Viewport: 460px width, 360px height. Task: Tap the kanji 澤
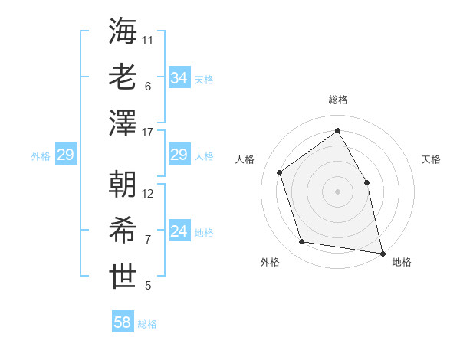point(123,123)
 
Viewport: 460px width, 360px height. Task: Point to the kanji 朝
point(123,184)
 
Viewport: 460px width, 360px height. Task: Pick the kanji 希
point(123,231)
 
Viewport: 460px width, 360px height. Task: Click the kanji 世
point(123,277)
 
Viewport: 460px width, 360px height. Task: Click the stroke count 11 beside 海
point(148,40)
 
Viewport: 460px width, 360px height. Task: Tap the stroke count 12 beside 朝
point(149,194)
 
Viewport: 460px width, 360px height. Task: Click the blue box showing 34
point(179,78)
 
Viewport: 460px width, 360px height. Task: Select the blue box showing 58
point(122,322)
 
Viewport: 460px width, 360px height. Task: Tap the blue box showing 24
point(179,231)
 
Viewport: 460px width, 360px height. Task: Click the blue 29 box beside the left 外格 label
point(65,155)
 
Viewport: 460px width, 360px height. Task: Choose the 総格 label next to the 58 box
point(147,324)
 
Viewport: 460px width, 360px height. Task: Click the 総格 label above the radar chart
point(337,100)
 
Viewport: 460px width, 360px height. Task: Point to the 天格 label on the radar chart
point(432,159)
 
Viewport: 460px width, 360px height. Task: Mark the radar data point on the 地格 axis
point(382,252)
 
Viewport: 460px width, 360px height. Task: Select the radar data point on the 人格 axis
point(280,172)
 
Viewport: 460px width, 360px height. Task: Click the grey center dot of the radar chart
point(337,191)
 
